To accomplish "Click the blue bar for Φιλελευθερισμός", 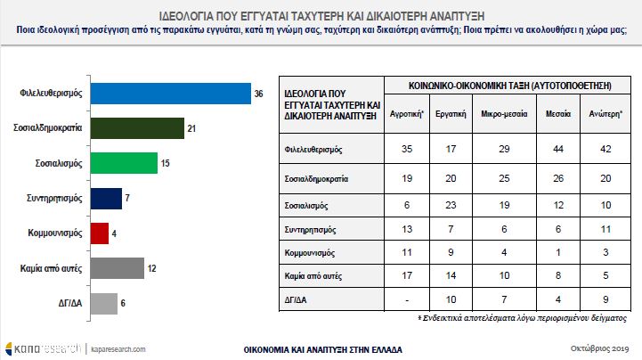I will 169,94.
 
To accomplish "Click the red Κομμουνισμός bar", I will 99,233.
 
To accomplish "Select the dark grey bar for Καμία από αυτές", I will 117,267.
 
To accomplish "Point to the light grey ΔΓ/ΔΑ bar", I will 104,302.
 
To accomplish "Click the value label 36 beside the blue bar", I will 258,94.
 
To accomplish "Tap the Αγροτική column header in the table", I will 407,115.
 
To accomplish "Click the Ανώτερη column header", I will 597,115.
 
